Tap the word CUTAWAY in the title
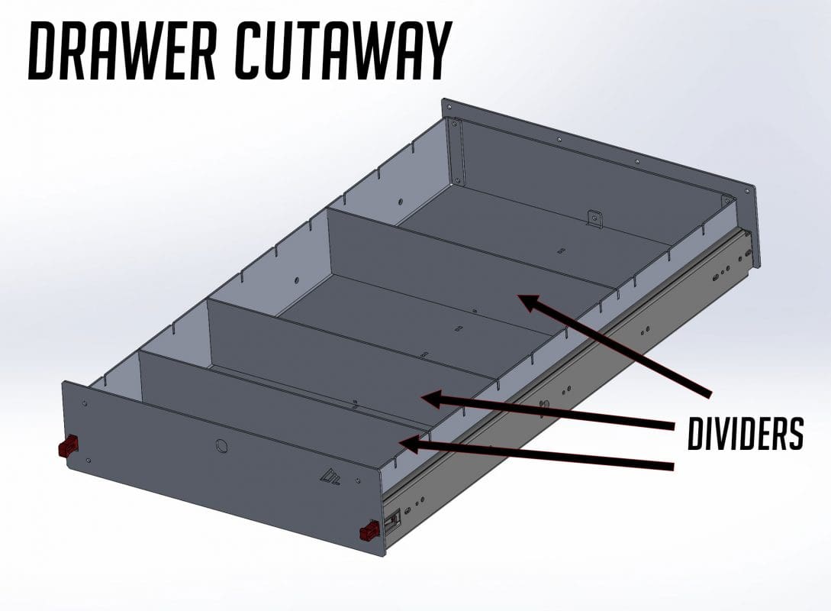[340, 49]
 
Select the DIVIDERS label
[745, 435]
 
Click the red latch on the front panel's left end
[69, 445]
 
